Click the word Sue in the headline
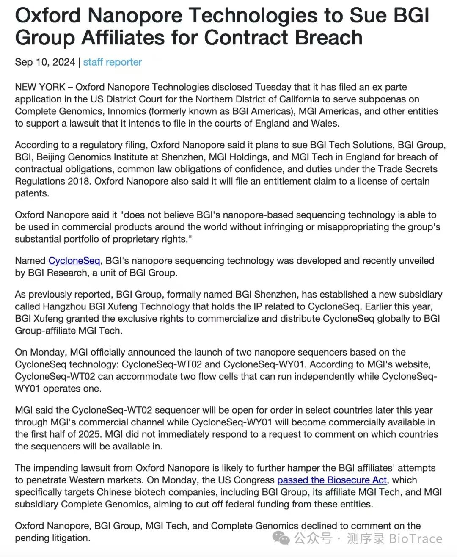tap(369, 15)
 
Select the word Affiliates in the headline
tap(122, 38)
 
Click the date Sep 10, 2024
tap(45, 62)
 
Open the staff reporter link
tap(113, 62)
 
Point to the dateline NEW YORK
tap(40, 87)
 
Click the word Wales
tap(325, 124)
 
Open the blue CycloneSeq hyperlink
tap(74, 261)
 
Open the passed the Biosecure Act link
tap(332, 480)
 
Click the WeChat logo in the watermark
tap(281, 538)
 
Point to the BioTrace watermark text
tap(415, 539)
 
